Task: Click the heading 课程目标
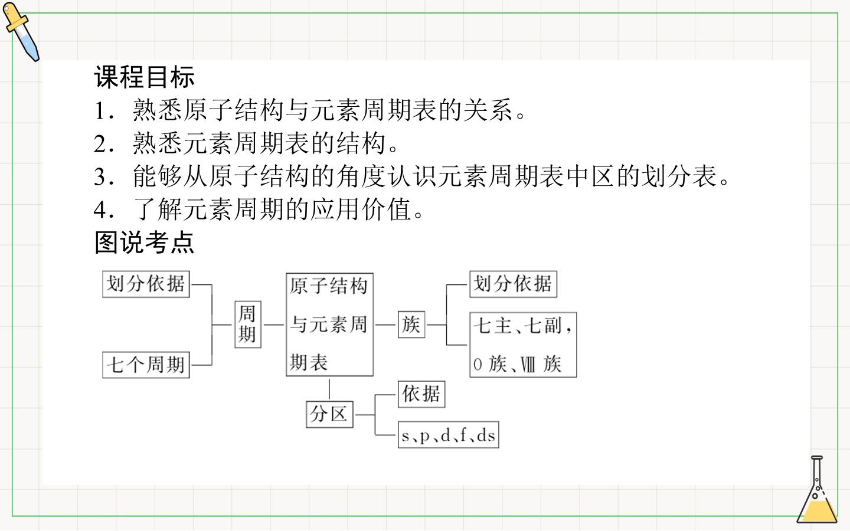(x=145, y=77)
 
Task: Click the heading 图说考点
(x=145, y=242)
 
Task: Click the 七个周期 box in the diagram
(x=146, y=365)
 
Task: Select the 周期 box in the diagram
(x=248, y=324)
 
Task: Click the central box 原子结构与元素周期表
(x=329, y=324)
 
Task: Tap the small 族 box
(x=411, y=324)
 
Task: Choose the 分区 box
(x=329, y=414)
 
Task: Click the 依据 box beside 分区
(x=421, y=395)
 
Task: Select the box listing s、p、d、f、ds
(x=448, y=435)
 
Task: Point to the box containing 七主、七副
(x=523, y=345)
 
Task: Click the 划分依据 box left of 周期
(x=146, y=284)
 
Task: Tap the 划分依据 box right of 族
(x=514, y=284)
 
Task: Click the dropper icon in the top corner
(x=21, y=31)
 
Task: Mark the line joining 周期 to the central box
(x=274, y=324)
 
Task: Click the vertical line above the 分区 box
(x=329, y=389)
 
